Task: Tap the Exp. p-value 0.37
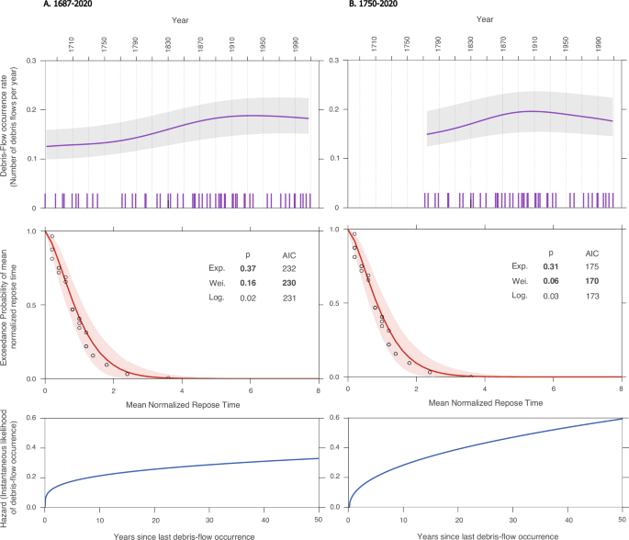click(x=247, y=268)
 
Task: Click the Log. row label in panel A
click(x=218, y=299)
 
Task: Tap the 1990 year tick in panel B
click(x=598, y=44)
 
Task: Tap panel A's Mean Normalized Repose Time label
click(x=182, y=403)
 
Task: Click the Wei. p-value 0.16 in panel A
click(x=247, y=284)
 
